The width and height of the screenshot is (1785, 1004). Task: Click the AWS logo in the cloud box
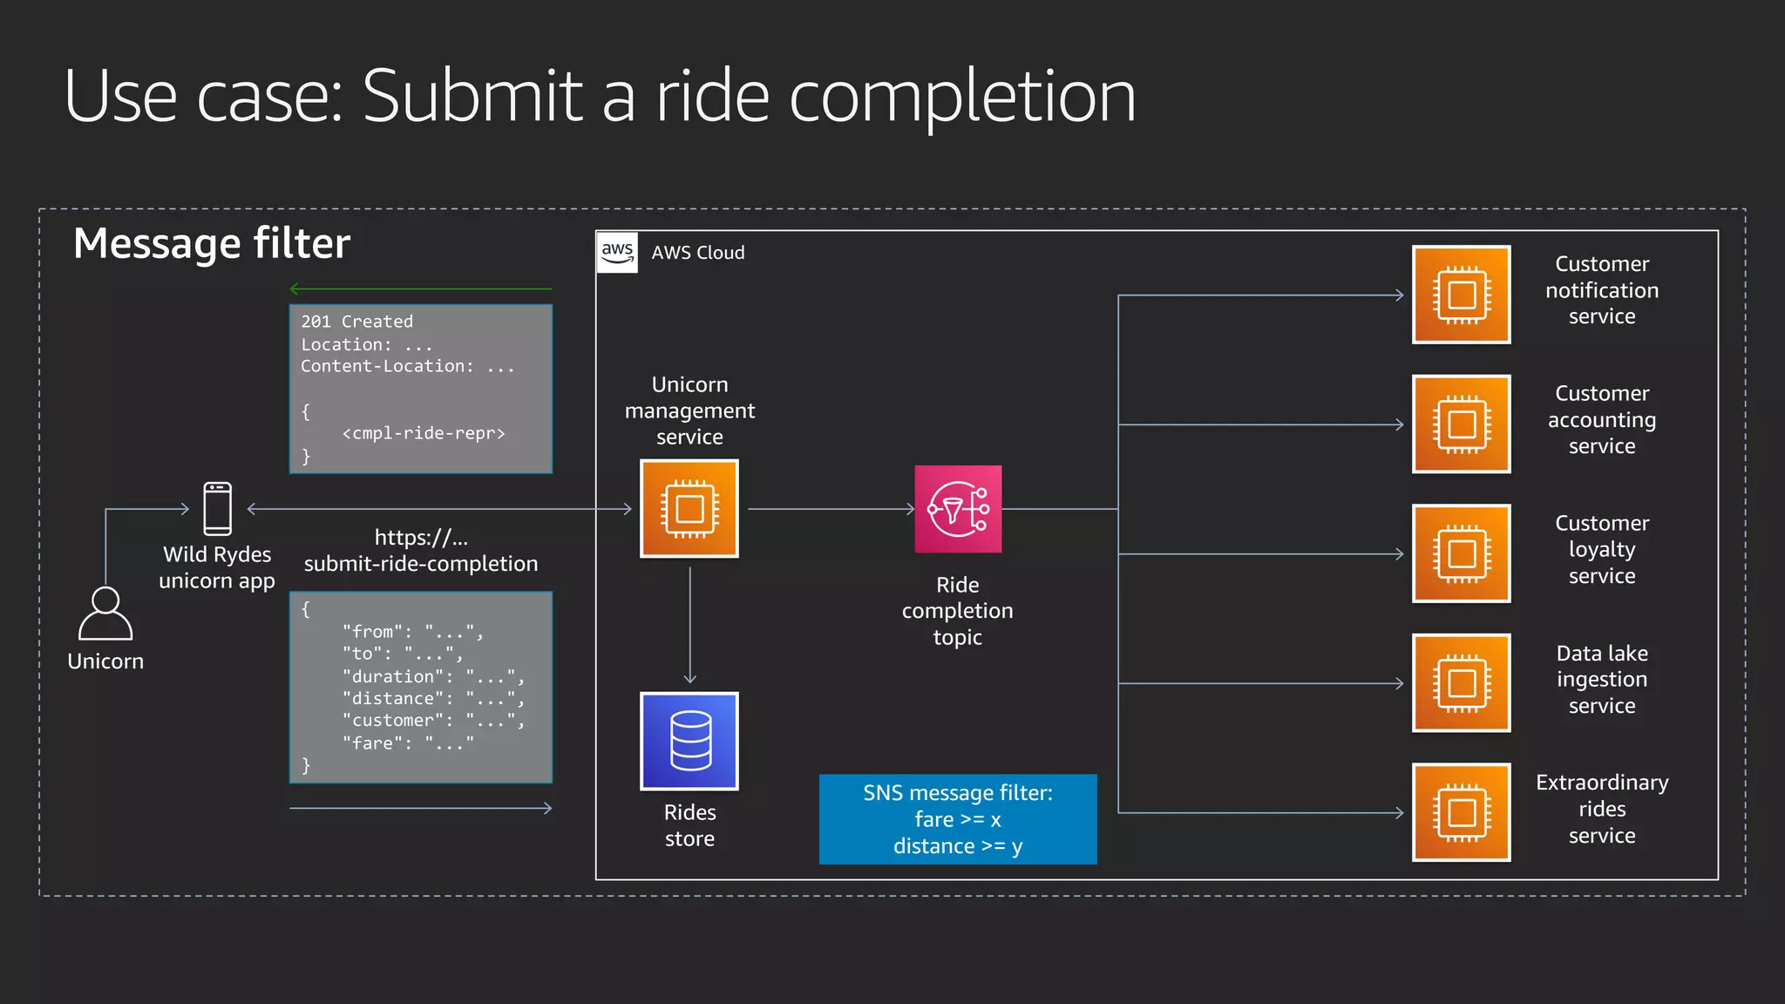pos(617,252)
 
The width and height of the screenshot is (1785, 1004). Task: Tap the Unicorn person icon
pos(105,614)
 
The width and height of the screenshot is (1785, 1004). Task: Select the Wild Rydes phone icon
pos(217,508)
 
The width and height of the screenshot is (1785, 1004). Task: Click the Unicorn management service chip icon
pos(689,508)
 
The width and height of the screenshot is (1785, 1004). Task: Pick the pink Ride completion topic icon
pos(958,509)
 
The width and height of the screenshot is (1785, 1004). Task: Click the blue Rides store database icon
pos(689,741)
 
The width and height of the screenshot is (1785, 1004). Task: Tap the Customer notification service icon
pos(1461,295)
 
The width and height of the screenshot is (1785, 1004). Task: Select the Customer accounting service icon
pos(1461,424)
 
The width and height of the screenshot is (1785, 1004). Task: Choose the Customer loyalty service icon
pos(1461,553)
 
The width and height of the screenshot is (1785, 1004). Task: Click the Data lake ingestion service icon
pos(1461,682)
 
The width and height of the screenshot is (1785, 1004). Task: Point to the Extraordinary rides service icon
pos(1461,812)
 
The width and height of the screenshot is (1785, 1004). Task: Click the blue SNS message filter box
pos(958,819)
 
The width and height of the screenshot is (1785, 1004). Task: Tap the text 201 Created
pos(356,322)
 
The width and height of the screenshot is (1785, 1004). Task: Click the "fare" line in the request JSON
pos(407,743)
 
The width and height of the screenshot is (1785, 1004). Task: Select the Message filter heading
pos(212,243)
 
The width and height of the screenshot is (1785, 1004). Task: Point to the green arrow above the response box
pos(421,288)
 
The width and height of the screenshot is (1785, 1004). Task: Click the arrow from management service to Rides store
pos(689,625)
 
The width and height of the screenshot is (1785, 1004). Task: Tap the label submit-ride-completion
pos(421,564)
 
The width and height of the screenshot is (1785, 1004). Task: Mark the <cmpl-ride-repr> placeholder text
pos(424,433)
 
